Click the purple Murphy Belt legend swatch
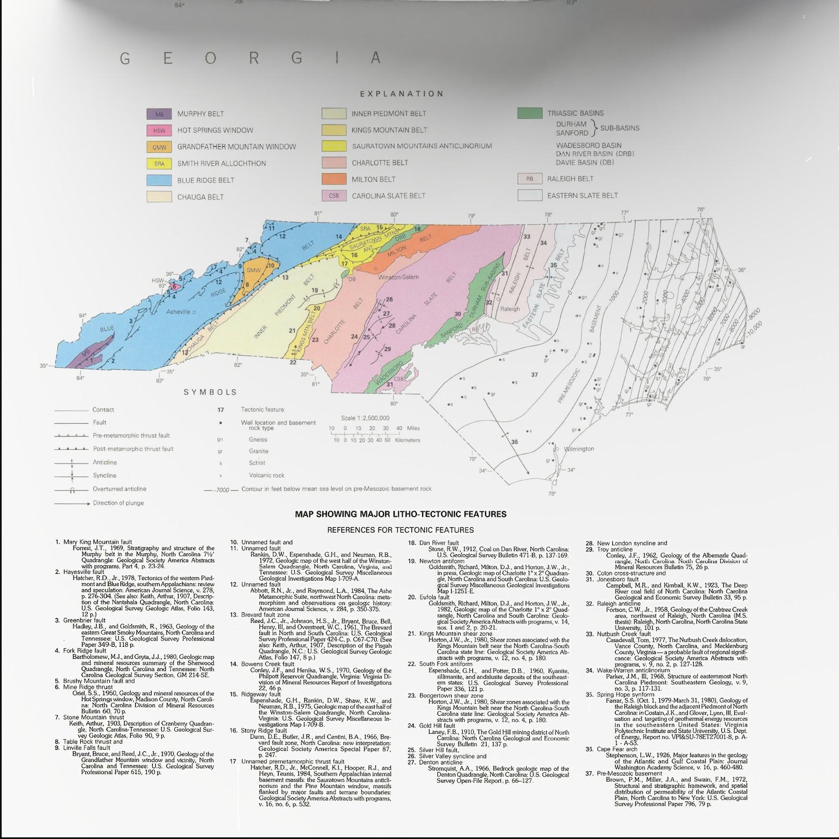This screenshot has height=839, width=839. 159,114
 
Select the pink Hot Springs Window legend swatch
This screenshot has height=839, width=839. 159,130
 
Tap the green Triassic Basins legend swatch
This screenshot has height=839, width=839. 529,113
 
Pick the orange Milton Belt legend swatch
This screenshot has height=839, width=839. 334,179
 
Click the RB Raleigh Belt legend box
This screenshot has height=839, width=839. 529,179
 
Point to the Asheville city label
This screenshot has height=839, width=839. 178,312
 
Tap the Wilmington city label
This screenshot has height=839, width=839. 579,449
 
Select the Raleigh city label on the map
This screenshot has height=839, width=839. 510,309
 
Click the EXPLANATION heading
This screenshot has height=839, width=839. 402,94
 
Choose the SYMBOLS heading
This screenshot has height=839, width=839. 210,392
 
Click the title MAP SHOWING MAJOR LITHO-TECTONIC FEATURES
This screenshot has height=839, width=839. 400,514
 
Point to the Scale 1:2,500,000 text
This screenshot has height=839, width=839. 365,418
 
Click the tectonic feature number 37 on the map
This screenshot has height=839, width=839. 535,375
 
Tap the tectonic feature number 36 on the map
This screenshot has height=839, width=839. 515,442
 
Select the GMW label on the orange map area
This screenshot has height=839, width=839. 254,271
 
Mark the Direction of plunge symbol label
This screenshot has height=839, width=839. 118,503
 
